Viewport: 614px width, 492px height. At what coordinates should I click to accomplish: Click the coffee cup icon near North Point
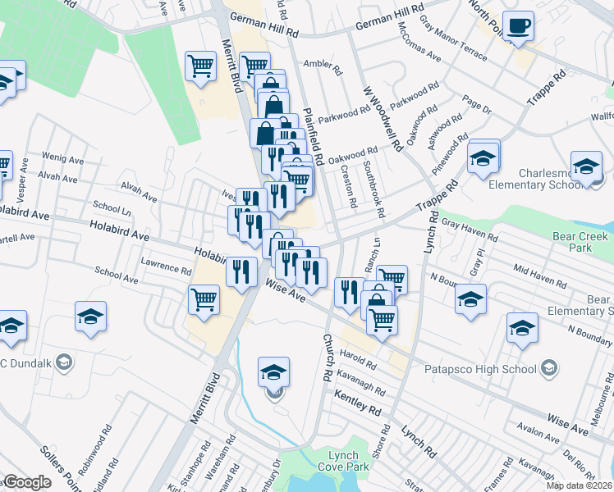(518, 26)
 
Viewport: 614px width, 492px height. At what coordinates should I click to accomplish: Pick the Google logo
(26, 482)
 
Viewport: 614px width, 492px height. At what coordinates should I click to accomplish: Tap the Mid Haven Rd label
(538, 276)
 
